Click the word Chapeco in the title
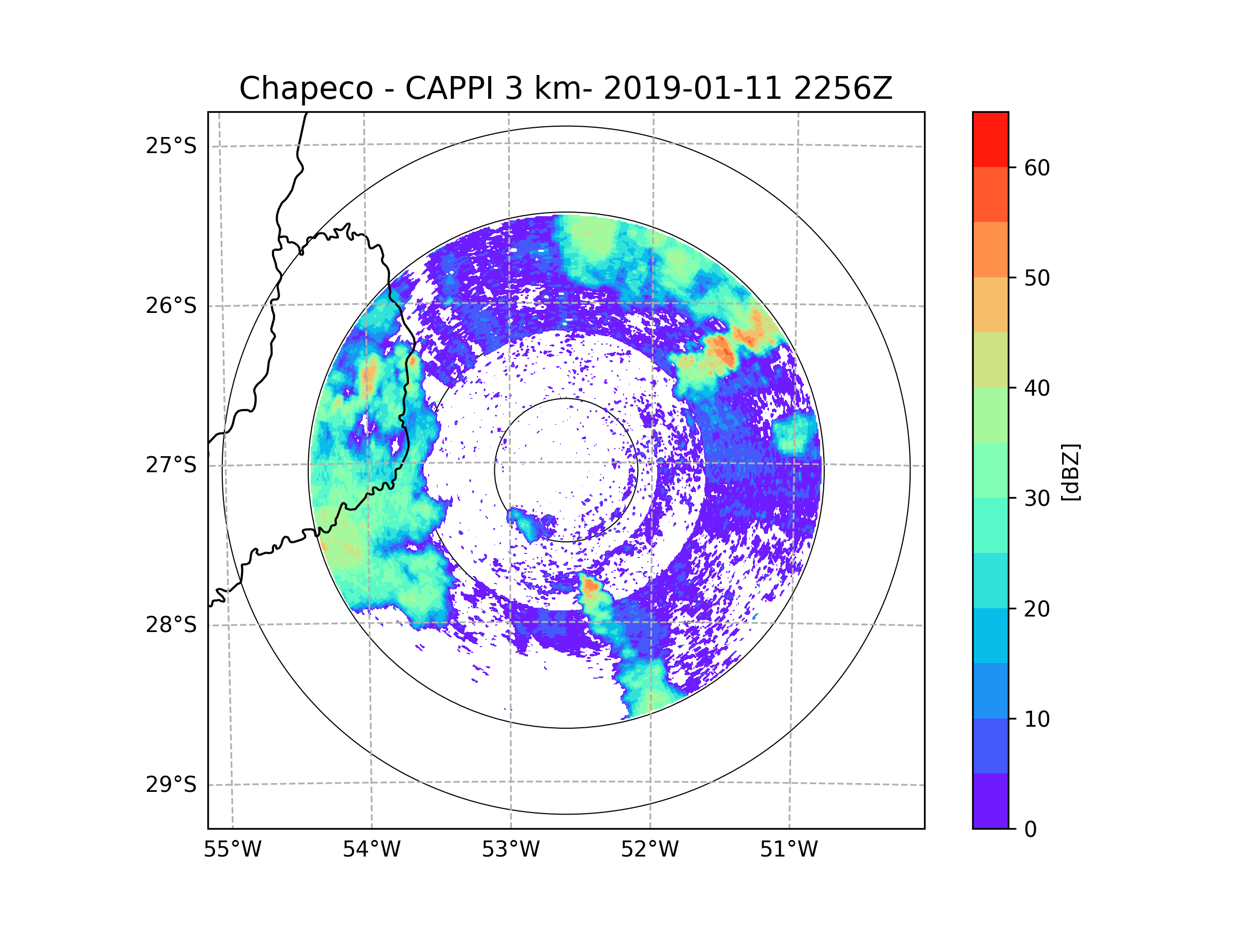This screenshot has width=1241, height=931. pyautogui.click(x=306, y=88)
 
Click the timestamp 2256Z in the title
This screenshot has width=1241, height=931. pyautogui.click(x=843, y=88)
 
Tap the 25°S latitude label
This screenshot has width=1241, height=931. pyautogui.click(x=171, y=146)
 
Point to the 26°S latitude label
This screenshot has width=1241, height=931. pyautogui.click(x=171, y=306)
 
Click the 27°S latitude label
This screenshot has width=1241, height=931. pyautogui.click(x=171, y=465)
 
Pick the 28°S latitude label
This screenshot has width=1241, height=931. pyautogui.click(x=171, y=625)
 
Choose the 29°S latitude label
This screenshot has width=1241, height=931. pyautogui.click(x=171, y=785)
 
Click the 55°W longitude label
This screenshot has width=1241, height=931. pyautogui.click(x=232, y=850)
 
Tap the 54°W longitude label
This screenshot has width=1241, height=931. pyautogui.click(x=371, y=850)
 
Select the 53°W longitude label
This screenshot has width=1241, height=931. pyautogui.click(x=510, y=850)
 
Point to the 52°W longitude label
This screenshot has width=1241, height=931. pyautogui.click(x=649, y=850)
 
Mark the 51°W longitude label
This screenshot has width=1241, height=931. pyautogui.click(x=789, y=850)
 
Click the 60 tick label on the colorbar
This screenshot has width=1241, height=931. pyautogui.click(x=1037, y=168)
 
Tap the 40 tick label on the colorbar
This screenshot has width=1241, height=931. pyautogui.click(x=1037, y=388)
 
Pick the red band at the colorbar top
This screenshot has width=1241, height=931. pyautogui.click(x=990, y=139)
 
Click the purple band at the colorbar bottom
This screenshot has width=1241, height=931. pyautogui.click(x=990, y=801)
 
